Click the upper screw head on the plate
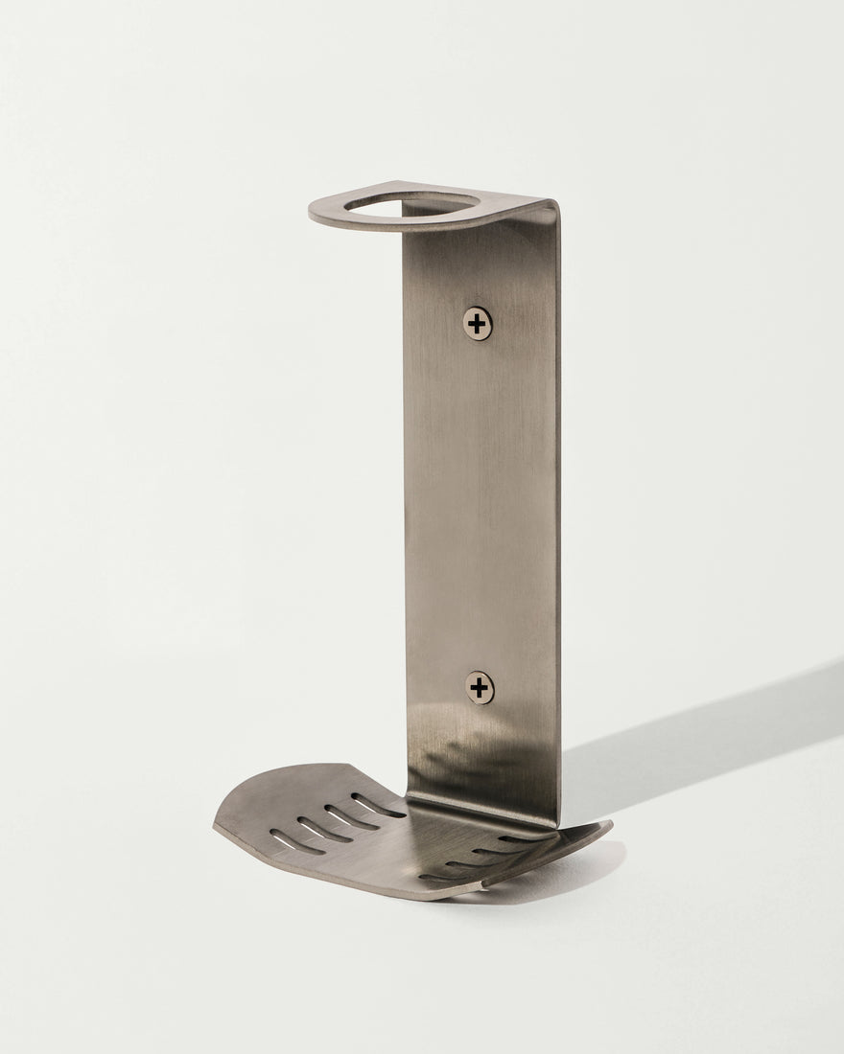477,324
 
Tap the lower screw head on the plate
480,687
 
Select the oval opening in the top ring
412,203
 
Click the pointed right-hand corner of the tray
609,824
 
